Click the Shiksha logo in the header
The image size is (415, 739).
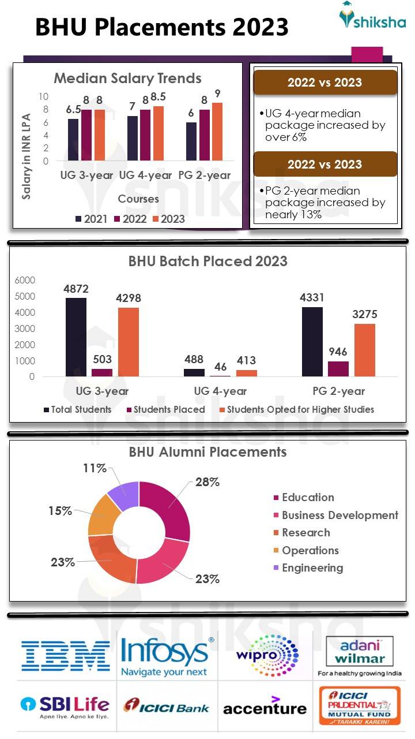click(372, 17)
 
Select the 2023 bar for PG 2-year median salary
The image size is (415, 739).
click(217, 132)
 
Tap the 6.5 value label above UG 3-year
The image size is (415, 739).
click(73, 109)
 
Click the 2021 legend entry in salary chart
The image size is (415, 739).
click(92, 219)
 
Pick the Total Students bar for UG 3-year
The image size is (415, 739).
click(76, 337)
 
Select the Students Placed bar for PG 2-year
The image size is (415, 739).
click(338, 369)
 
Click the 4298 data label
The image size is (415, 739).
click(129, 298)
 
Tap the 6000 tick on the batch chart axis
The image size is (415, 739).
click(25, 281)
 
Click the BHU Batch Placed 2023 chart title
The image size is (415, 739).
click(207, 262)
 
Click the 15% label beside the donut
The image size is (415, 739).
click(60, 511)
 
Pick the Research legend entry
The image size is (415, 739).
click(305, 533)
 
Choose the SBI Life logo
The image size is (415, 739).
click(65, 706)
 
